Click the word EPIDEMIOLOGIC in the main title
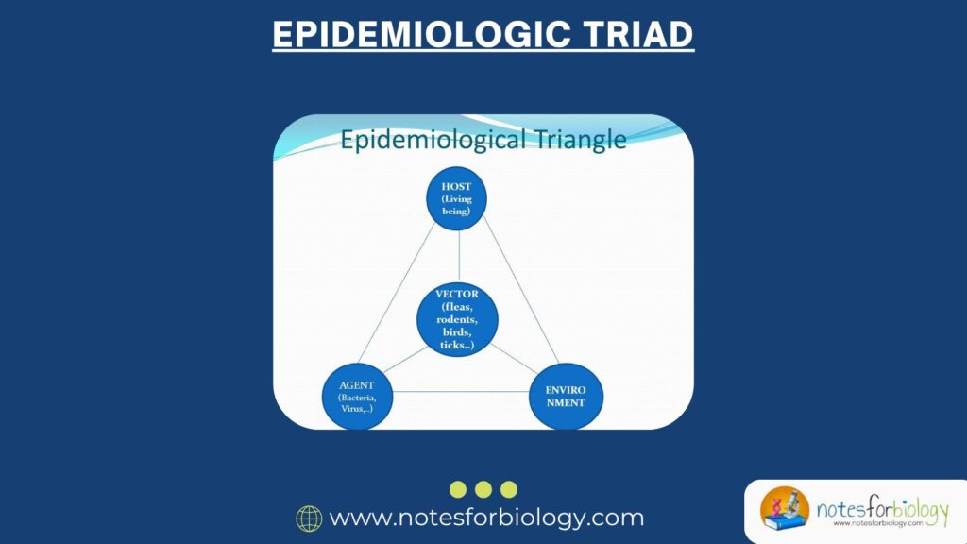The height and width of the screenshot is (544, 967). point(422,34)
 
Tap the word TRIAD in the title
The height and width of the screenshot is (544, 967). point(638,34)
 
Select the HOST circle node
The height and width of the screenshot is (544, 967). point(456,198)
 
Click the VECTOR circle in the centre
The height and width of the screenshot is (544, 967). point(457,319)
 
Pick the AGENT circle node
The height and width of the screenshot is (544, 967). point(357,397)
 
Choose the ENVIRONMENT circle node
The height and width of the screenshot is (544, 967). point(566,397)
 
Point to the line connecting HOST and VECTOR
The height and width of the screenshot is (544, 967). point(459,256)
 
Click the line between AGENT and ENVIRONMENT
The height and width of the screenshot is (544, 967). point(461,392)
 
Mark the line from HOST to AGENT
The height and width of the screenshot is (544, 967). point(397,294)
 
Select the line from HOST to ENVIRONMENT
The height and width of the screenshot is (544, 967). point(521,291)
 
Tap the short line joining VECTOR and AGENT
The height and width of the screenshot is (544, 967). point(405,360)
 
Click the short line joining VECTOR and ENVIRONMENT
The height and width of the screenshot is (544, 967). point(515,358)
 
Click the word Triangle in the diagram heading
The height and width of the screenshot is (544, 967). point(580,140)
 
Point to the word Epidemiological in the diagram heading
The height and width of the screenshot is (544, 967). point(433,140)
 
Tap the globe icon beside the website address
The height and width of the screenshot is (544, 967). point(309,518)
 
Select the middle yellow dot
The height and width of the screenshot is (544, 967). point(483,490)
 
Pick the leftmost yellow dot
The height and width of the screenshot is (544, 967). point(458,490)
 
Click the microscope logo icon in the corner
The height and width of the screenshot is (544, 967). point(785,508)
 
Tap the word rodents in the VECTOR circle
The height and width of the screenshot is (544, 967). point(457,319)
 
